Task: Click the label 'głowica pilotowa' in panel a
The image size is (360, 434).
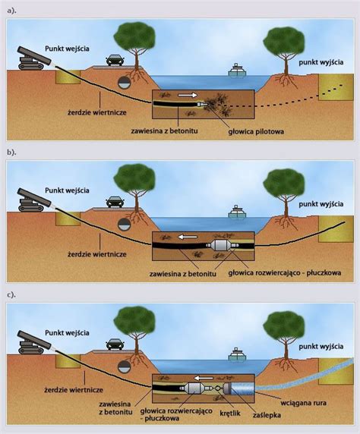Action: click(x=256, y=131)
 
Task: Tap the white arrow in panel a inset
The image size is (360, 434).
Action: click(x=188, y=95)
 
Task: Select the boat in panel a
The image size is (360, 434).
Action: click(x=237, y=70)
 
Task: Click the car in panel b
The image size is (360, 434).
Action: click(x=115, y=202)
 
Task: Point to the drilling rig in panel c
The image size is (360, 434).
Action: click(x=34, y=342)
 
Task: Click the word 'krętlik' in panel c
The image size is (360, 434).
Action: click(x=229, y=414)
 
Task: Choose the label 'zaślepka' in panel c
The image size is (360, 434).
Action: click(x=267, y=415)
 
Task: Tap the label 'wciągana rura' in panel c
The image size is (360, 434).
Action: click(x=303, y=403)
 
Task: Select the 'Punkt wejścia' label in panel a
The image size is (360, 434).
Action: click(x=67, y=49)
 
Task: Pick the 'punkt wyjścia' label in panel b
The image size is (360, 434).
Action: click(x=321, y=204)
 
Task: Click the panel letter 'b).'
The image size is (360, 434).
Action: click(x=11, y=153)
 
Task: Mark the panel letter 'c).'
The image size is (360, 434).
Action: click(x=11, y=294)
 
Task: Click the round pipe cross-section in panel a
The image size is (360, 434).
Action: click(x=125, y=82)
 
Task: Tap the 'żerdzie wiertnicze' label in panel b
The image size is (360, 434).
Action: click(x=97, y=254)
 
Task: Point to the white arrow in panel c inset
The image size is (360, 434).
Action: click(x=204, y=378)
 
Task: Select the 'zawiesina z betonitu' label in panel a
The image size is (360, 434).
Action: click(x=164, y=131)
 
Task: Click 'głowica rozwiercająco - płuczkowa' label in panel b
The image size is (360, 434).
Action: click(x=284, y=273)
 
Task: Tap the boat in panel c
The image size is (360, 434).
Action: click(x=237, y=354)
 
